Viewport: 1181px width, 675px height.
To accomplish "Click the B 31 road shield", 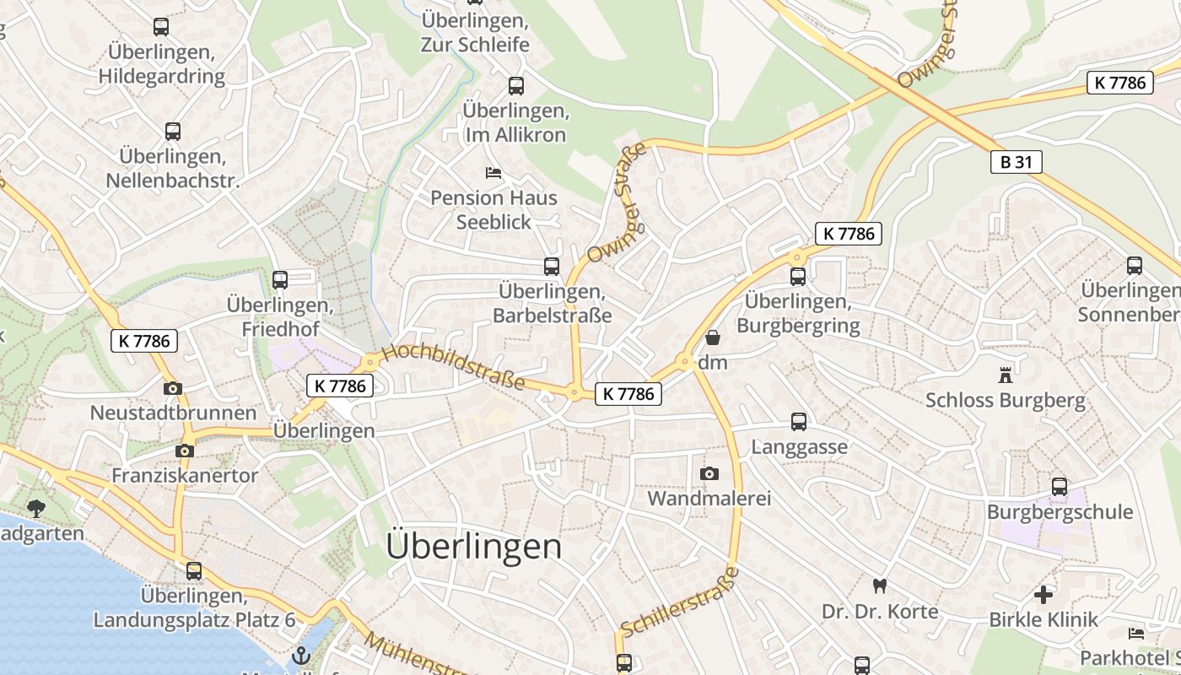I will (1016, 162).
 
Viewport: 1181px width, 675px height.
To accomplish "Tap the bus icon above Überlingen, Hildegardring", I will (161, 27).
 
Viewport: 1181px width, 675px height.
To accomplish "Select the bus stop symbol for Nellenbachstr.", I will (173, 132).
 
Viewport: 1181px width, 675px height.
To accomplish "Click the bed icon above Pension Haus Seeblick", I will (493, 173).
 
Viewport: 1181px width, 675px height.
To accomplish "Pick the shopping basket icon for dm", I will (713, 338).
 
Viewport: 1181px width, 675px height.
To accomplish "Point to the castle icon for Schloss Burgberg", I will (1005, 375).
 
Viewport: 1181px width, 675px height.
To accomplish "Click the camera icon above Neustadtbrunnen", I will (173, 388).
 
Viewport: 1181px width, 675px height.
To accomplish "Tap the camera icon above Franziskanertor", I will (185, 451).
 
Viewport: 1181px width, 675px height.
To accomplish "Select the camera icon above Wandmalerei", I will (709, 473).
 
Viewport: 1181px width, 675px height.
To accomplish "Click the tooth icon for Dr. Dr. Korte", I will (880, 586).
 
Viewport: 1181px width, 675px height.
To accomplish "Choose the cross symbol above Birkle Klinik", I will (1043, 595).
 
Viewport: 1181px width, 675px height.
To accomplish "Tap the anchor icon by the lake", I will (300, 655).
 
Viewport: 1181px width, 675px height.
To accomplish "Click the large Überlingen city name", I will (473, 547).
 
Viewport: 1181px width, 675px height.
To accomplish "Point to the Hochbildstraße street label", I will (453, 368).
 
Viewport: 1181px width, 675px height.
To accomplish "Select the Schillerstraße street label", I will (680, 602).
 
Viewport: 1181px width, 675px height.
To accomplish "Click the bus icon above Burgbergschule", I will (1060, 487).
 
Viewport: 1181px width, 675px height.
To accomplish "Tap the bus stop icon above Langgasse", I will (798, 422).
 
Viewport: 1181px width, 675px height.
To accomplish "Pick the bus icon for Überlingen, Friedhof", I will (280, 279).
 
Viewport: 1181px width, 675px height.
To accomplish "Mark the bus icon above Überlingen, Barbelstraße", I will (552, 267).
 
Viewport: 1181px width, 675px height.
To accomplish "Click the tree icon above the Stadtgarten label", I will (35, 508).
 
